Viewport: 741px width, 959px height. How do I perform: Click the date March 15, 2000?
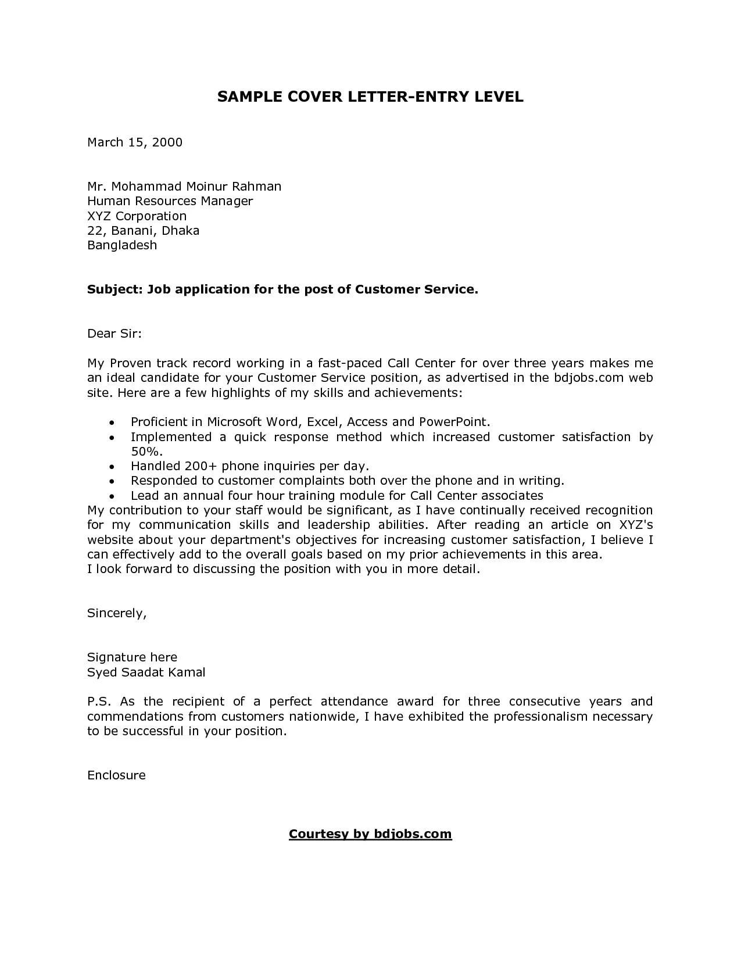pos(135,142)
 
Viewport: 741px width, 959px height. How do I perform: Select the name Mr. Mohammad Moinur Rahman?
pos(184,187)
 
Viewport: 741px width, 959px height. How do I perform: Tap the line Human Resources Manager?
pos(170,201)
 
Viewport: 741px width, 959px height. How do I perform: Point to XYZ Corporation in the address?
pos(137,216)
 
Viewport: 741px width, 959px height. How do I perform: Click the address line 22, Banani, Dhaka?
pos(143,231)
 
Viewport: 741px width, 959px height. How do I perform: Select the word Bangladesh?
pos(122,245)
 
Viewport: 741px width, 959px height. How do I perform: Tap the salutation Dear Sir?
pos(114,334)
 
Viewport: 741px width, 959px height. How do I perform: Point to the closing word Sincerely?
pos(117,613)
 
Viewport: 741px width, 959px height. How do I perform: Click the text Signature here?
pos(132,657)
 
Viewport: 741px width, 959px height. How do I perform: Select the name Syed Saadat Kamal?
pos(146,672)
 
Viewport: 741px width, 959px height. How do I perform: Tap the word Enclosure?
pos(116,775)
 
